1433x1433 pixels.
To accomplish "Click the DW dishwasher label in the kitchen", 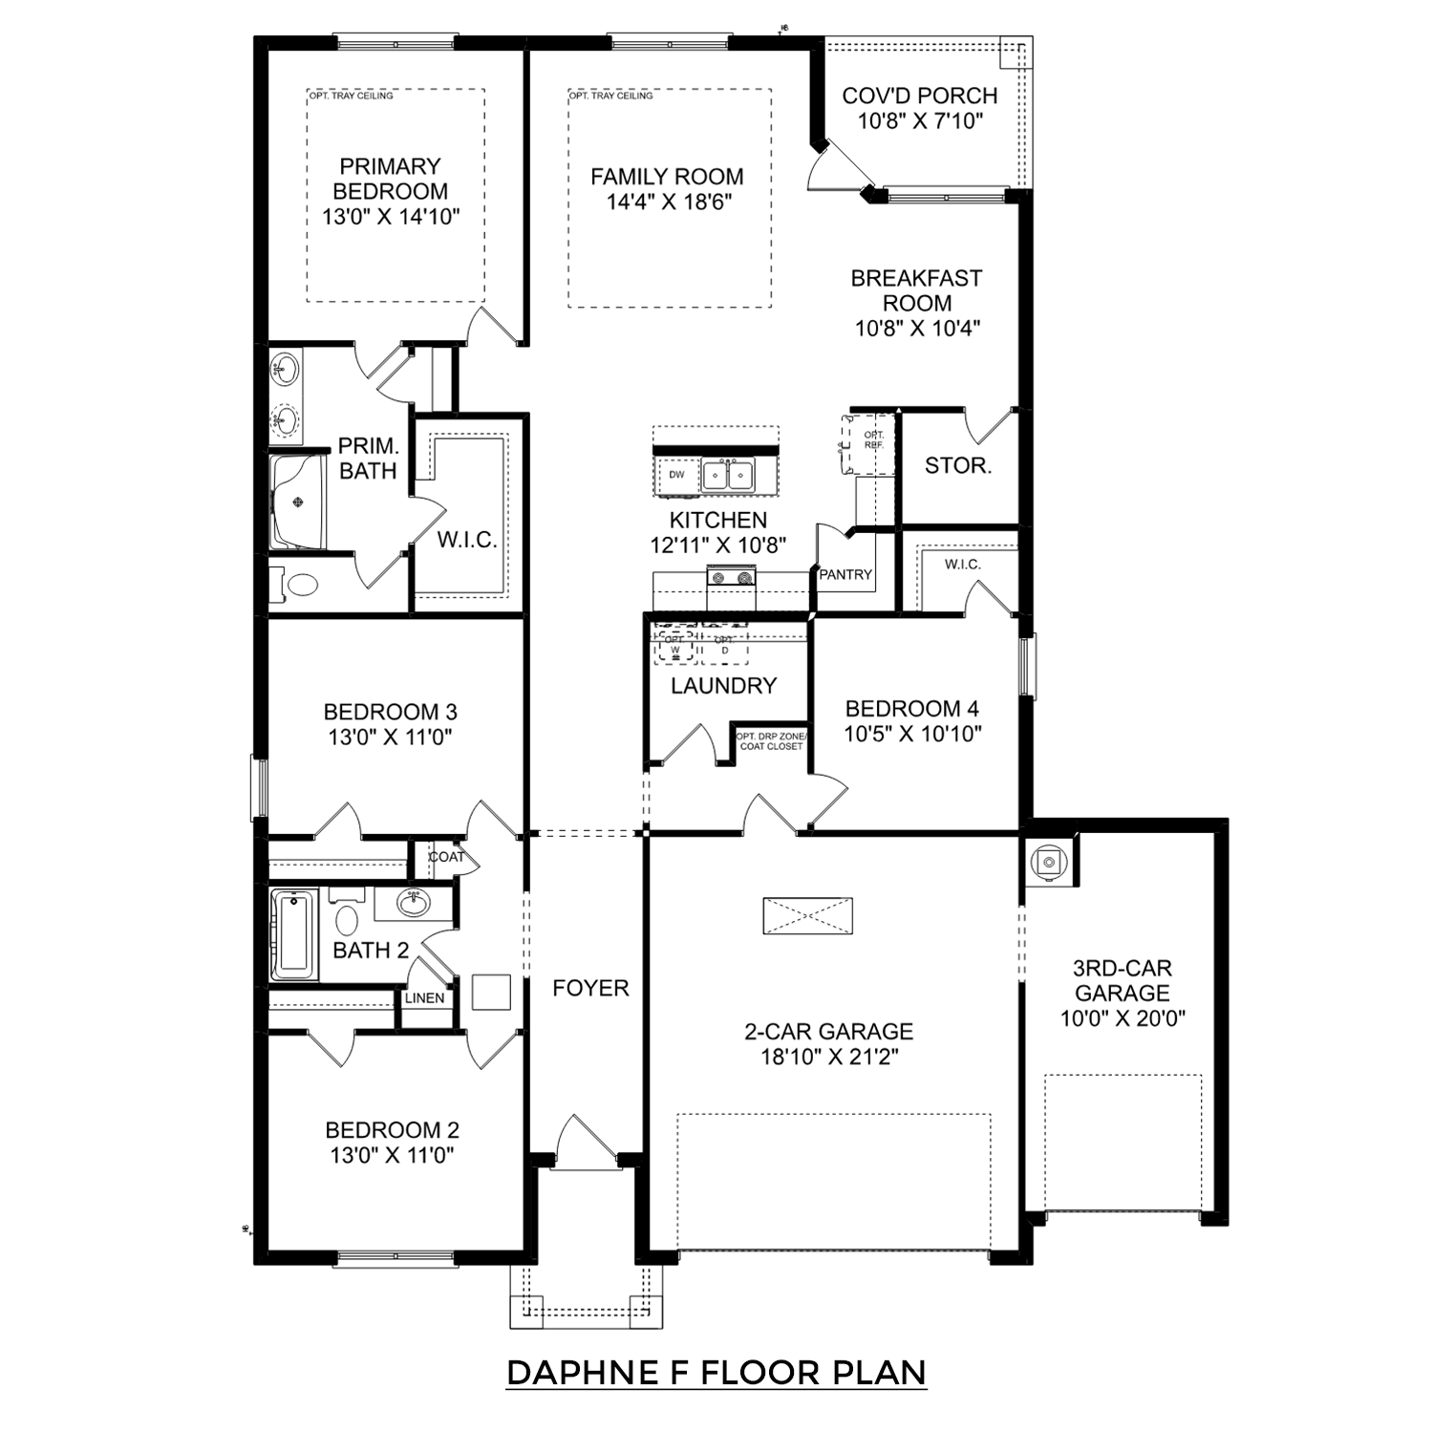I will tap(676, 475).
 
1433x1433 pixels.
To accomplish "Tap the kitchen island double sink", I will tap(728, 474).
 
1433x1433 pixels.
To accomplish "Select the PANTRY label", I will tap(845, 574).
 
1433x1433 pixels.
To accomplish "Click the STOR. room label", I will tap(958, 466).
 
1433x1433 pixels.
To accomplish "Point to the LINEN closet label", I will tap(424, 998).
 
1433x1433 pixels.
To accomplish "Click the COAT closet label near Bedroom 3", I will tap(446, 857).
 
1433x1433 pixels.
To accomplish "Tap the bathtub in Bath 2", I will tap(294, 935).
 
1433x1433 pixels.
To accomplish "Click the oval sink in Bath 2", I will tap(414, 902).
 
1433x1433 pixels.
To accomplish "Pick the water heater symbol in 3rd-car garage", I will tap(1049, 862).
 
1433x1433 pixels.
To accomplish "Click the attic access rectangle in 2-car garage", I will tap(807, 915).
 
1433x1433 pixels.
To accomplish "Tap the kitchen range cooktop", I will tap(731, 576).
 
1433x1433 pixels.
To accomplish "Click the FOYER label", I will tap(590, 988).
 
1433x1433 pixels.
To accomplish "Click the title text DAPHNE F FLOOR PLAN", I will tap(716, 1373).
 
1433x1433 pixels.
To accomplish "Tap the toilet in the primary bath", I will tap(300, 585).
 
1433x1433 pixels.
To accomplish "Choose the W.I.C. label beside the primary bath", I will tap(467, 540).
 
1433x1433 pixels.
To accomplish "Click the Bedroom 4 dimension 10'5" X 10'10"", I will tap(912, 734).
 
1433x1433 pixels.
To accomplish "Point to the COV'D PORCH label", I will tap(920, 96).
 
